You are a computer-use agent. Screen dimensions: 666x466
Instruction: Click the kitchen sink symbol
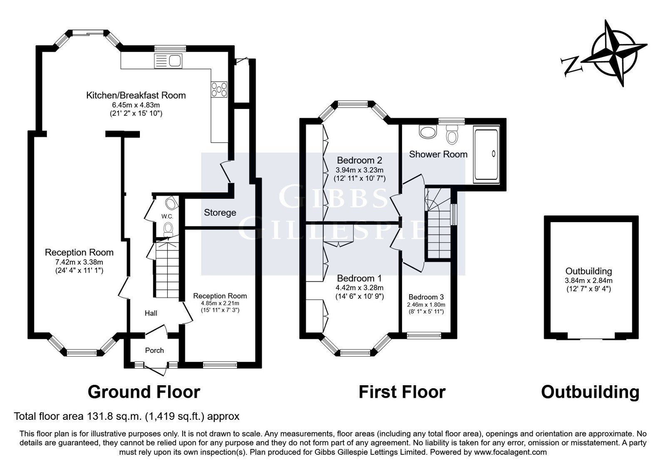point(168,61)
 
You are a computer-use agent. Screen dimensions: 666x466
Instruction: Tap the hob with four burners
point(219,89)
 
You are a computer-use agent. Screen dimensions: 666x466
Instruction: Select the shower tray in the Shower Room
point(487,154)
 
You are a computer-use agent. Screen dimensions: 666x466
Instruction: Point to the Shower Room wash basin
point(427,131)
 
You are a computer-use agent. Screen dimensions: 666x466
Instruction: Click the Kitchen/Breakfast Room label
point(136,95)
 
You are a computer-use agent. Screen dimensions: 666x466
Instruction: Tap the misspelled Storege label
point(220,213)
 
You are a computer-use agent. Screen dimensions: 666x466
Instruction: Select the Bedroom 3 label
point(426,297)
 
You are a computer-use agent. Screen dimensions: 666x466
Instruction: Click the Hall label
point(151,313)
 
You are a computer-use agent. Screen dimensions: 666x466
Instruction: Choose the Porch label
point(154,350)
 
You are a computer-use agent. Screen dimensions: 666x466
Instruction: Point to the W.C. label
point(167,217)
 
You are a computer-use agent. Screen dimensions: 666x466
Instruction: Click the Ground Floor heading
point(144,392)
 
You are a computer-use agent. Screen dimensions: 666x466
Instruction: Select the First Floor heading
point(402,392)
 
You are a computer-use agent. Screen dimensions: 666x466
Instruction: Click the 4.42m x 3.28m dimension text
point(360,288)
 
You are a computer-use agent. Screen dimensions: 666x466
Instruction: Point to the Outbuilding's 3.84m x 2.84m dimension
point(589,280)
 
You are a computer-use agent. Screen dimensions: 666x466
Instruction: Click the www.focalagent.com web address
point(510,452)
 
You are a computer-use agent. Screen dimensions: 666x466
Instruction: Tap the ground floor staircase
point(167,269)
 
